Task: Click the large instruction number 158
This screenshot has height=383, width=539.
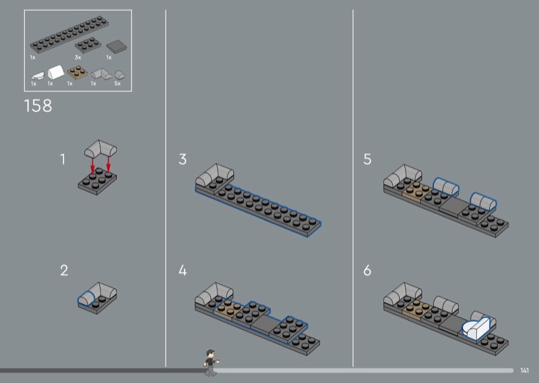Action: pos(38,106)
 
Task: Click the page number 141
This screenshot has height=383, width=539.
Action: pos(524,370)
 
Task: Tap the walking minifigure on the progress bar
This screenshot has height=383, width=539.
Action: pos(211,363)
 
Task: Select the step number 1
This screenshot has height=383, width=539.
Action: pos(63,159)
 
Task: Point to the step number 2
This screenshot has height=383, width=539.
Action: pos(64,270)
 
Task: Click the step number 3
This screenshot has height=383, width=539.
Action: pos(183,159)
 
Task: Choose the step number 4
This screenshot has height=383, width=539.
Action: pos(183,270)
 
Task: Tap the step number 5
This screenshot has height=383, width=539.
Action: pos(367,159)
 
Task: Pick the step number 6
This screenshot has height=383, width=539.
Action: pos(367,270)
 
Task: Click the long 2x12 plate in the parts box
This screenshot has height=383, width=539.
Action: pos(69,34)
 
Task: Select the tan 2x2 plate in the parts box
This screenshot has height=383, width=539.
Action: pos(77,73)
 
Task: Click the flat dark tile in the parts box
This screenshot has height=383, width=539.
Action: pos(117,47)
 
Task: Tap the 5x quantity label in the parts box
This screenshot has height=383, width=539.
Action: pos(117,84)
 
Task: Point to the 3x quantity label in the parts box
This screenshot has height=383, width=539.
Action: pos(78,57)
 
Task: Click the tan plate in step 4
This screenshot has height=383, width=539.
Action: pos(228,309)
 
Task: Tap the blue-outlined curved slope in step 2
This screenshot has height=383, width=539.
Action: pos(86,298)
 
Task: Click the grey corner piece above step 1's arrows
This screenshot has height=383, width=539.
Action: pos(100,148)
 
